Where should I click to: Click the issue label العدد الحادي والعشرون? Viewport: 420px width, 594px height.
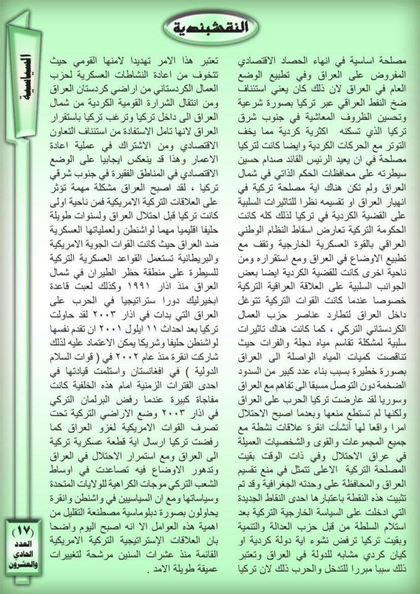24,554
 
